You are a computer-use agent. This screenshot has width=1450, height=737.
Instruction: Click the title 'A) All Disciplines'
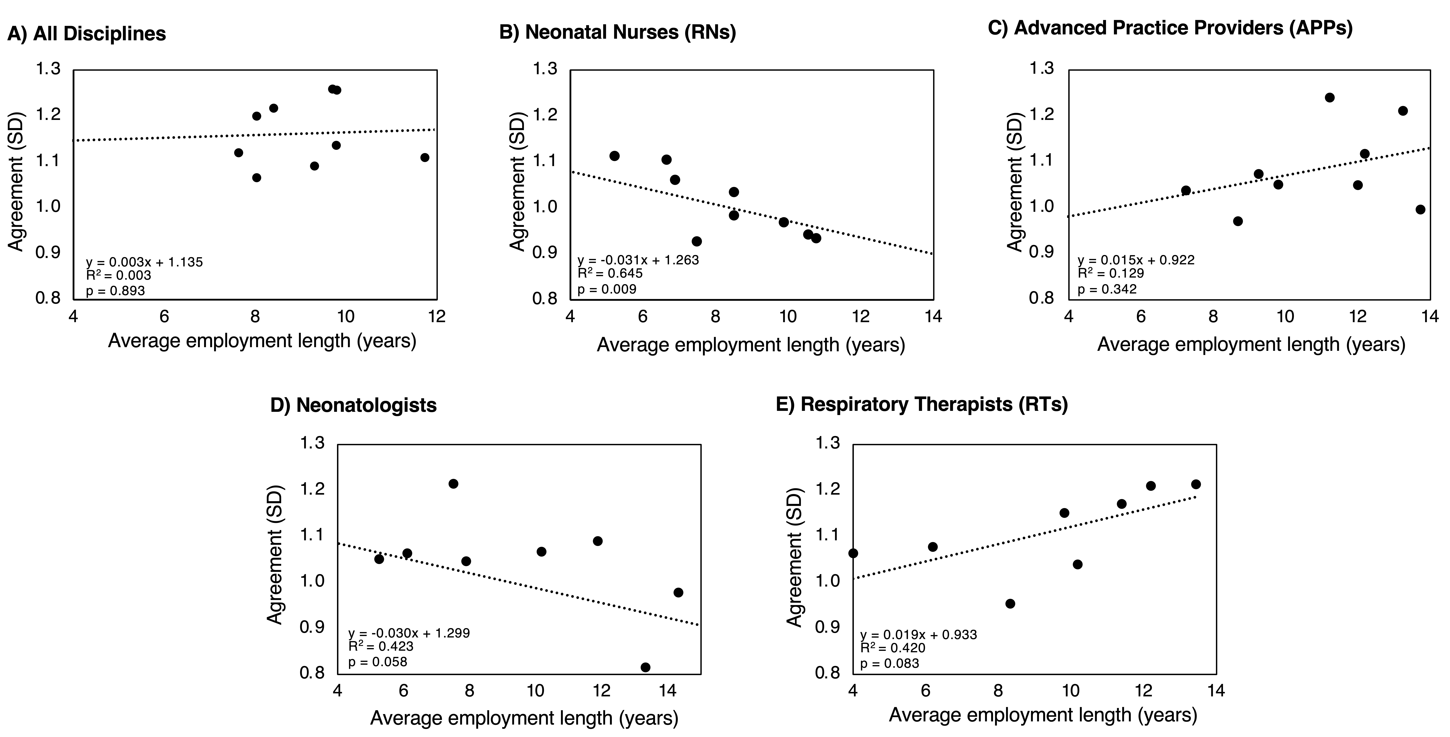(x=87, y=34)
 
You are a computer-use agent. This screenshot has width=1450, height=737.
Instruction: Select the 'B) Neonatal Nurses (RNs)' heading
(x=617, y=32)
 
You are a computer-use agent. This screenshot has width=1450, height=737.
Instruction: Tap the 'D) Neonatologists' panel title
(x=354, y=405)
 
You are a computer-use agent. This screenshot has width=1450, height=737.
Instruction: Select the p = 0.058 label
(x=378, y=662)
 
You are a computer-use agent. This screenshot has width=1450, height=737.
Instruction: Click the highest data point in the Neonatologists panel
(x=453, y=484)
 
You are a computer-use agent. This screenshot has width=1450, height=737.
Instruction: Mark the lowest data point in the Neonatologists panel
(x=646, y=667)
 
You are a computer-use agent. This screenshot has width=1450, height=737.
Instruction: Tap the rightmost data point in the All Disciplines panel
(x=425, y=158)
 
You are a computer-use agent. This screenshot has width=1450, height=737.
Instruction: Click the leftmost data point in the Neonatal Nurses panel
(x=615, y=156)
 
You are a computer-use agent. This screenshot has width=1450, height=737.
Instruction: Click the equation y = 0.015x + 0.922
(x=1136, y=260)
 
